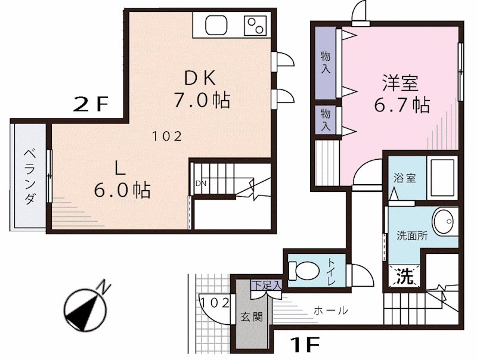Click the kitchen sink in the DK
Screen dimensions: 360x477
click(x=215, y=25)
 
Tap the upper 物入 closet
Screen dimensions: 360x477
click(x=326, y=63)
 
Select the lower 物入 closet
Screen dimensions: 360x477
click(x=326, y=120)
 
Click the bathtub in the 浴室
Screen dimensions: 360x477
click(x=442, y=178)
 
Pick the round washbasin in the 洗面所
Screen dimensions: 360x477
click(x=444, y=222)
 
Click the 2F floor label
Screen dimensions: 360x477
click(x=90, y=105)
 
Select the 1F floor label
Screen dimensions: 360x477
click(x=305, y=344)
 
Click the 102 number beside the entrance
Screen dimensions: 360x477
click(x=215, y=302)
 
